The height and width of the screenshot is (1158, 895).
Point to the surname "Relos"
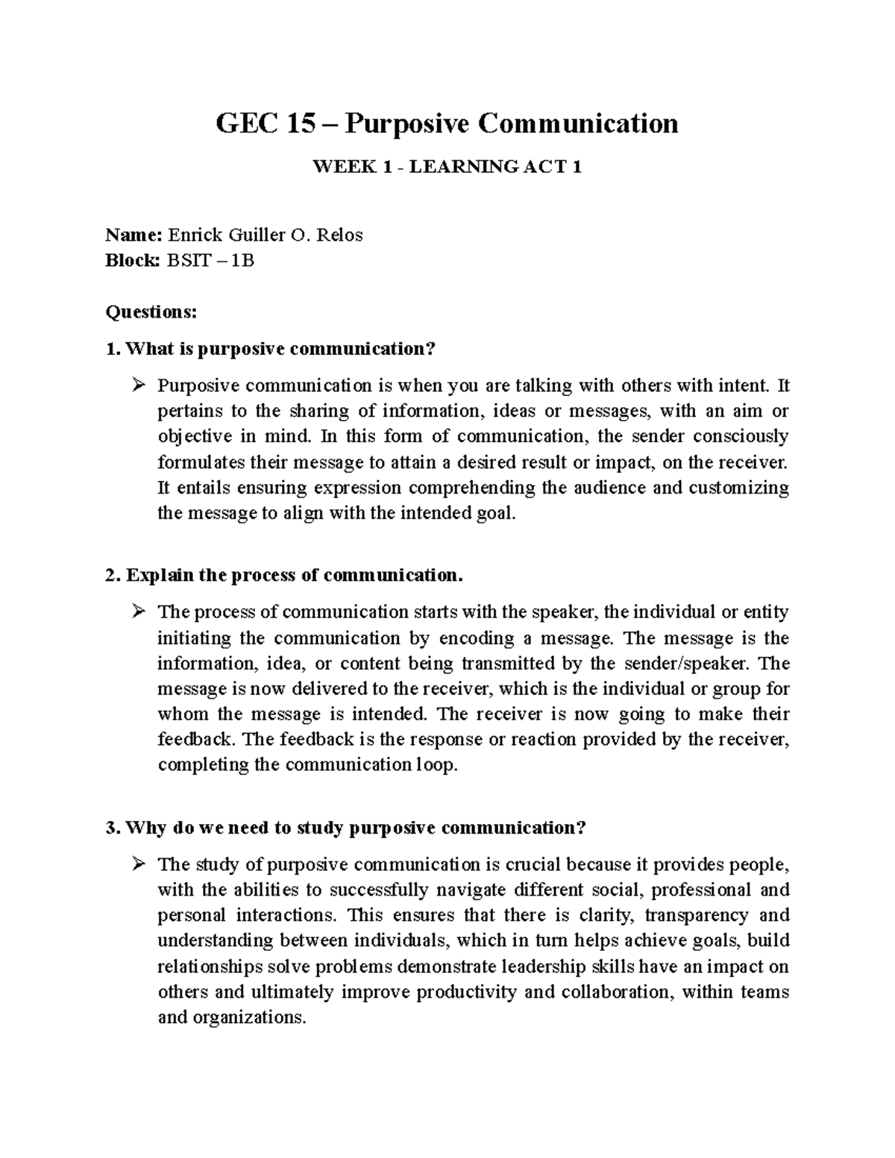(x=339, y=236)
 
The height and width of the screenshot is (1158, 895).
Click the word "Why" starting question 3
(x=146, y=828)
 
